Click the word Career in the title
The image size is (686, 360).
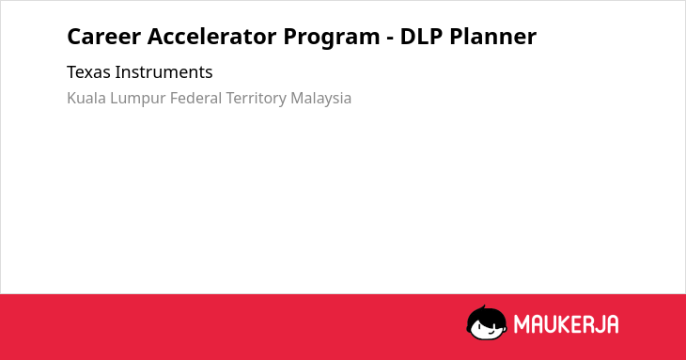click(103, 37)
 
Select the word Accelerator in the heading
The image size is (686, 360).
click(211, 37)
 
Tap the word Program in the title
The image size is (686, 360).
click(332, 38)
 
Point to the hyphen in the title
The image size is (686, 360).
click(390, 39)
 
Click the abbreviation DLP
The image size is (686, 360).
click(421, 37)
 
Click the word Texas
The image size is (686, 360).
click(88, 72)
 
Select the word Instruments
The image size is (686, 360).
click(164, 72)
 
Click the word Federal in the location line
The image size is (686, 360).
click(195, 98)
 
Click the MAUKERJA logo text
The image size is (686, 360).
click(566, 324)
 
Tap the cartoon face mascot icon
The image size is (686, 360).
click(487, 322)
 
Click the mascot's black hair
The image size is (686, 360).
click(486, 315)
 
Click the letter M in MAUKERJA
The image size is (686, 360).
click(522, 324)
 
